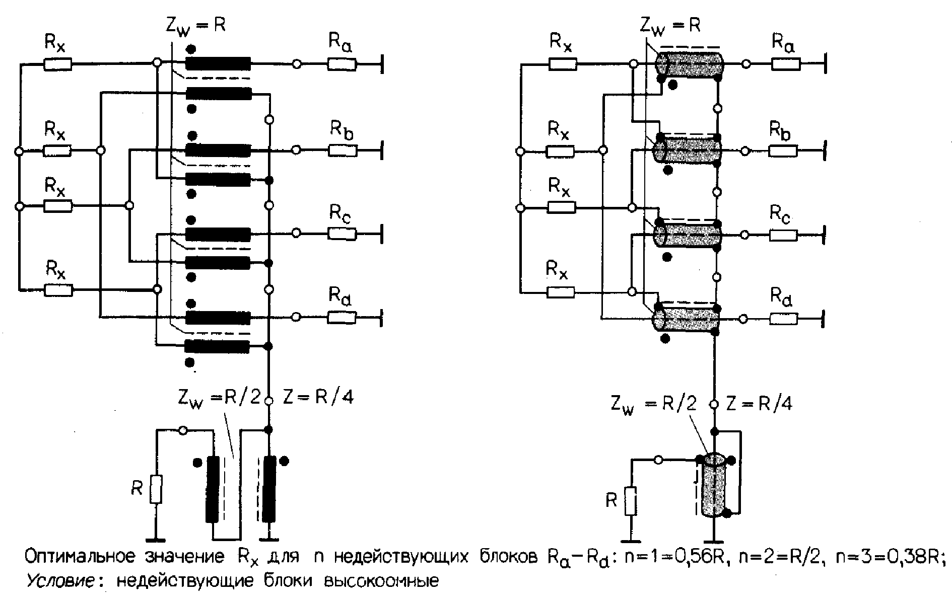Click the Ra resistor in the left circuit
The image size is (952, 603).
click(x=342, y=64)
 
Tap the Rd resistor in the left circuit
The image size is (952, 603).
click(x=342, y=317)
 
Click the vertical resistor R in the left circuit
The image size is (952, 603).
click(x=156, y=489)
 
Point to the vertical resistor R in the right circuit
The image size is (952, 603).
click(x=630, y=501)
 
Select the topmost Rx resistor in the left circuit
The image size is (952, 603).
click(x=57, y=64)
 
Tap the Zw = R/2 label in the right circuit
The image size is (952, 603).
click(x=654, y=404)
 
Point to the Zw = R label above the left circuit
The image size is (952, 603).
click(x=195, y=25)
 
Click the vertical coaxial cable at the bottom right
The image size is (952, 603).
click(x=714, y=486)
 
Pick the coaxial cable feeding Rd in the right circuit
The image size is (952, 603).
click(x=687, y=318)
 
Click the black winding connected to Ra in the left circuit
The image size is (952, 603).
click(x=218, y=63)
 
